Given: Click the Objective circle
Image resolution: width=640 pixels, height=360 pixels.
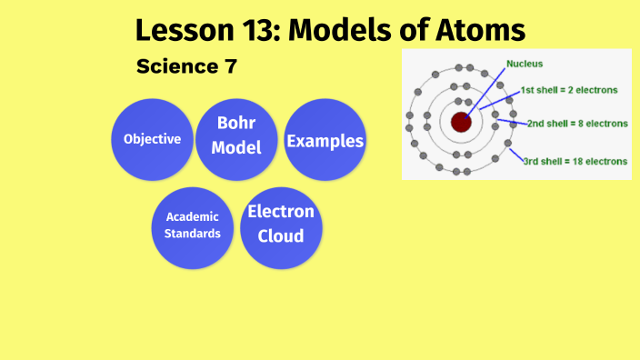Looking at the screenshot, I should [x=152, y=140].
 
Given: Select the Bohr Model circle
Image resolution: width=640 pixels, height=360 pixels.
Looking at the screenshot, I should [x=236, y=135].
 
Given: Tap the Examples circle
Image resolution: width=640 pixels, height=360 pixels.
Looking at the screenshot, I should [x=325, y=140].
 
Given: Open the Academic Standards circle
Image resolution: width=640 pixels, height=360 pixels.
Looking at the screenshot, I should [x=193, y=227].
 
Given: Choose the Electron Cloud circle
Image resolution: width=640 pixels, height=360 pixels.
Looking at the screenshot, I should [x=281, y=225].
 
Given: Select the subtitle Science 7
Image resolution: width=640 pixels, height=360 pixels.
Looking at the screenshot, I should [x=185, y=67].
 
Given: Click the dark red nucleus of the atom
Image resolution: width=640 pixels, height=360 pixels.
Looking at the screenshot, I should [x=461, y=121].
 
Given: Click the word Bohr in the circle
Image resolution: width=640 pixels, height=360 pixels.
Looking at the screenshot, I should [x=236, y=124].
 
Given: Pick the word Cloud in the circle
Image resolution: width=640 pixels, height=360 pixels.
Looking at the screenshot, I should [x=281, y=236].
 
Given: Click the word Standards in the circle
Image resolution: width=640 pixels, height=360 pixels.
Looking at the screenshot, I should [x=193, y=234].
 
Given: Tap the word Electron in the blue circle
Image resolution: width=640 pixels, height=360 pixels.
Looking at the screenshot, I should [x=281, y=212].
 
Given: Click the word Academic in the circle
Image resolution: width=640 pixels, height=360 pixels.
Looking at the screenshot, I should [x=193, y=217].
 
